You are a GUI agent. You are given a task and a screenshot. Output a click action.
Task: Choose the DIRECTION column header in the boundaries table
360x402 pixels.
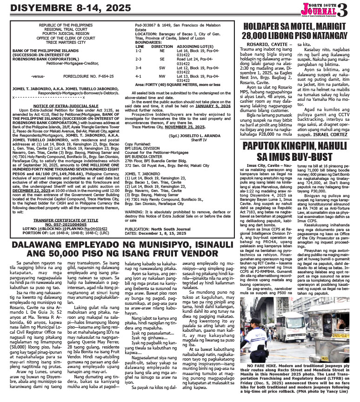point(162,47)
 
